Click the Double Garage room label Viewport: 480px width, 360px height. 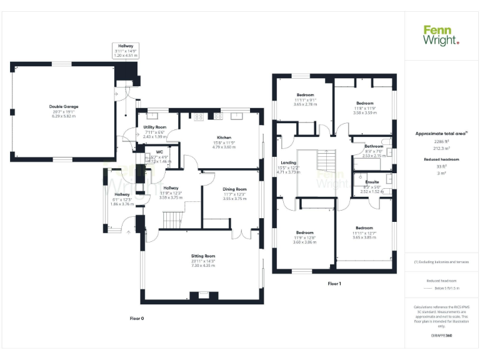point(64,106)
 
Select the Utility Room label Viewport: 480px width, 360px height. point(154,127)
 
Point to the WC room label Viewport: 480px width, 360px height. point(159,152)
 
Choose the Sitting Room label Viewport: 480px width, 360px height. point(202,256)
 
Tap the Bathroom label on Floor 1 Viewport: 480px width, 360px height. point(366,146)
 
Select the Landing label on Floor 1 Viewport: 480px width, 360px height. point(288,162)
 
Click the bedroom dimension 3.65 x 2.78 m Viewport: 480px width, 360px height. point(305,104)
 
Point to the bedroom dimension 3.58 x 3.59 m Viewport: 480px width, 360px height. point(364,113)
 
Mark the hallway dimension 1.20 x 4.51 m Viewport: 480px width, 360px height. point(125,56)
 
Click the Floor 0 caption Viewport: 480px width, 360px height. point(136,318)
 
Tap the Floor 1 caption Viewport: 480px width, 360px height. point(334,284)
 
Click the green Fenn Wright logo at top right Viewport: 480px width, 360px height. point(441,35)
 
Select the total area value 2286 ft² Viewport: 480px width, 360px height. point(441,142)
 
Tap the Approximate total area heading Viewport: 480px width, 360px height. point(441,134)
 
